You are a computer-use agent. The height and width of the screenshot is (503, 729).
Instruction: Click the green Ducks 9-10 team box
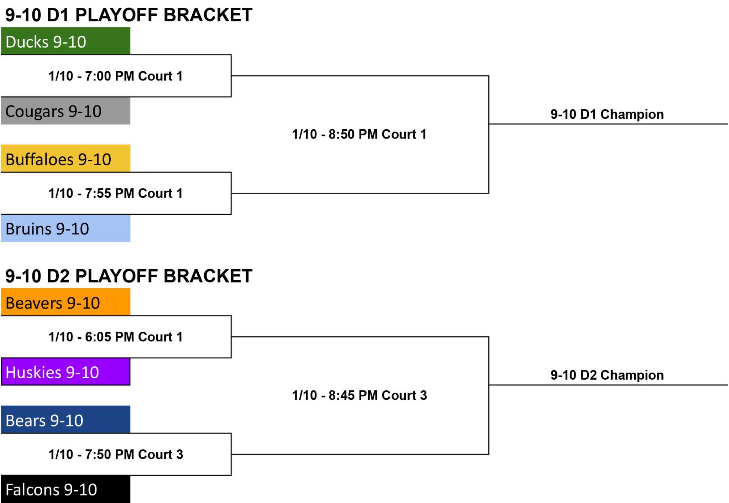65,41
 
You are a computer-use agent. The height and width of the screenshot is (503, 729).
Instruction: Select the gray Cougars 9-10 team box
65,111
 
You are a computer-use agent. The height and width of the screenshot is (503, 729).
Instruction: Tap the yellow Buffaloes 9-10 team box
65,159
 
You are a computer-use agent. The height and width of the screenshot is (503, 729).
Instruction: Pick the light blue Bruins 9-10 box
65,228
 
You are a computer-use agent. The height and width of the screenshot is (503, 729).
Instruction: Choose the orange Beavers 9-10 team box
65,302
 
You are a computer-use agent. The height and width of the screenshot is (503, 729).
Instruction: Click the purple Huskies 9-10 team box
65,372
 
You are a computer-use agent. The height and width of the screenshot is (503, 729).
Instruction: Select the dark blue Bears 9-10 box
65,420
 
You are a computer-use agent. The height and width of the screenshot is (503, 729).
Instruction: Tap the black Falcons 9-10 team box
65,489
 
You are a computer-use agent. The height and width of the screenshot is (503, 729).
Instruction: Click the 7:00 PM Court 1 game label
116,76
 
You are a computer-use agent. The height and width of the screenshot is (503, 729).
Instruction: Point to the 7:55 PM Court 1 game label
116,193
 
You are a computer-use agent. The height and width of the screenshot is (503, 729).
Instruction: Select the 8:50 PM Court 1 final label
359,134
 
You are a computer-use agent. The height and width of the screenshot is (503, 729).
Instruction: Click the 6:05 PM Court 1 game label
116,337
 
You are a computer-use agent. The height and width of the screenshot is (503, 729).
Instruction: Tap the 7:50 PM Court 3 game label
116,454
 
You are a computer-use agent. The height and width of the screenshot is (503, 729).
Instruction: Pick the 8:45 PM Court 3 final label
360,395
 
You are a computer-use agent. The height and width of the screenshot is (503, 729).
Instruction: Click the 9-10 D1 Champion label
607,114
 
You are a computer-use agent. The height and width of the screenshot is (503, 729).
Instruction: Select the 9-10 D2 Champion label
607,375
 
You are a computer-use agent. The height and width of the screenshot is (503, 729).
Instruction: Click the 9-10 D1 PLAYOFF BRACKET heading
129,15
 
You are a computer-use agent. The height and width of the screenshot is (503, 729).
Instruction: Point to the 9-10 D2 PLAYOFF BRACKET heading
129,276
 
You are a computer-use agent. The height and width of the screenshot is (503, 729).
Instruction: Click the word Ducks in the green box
27,42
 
